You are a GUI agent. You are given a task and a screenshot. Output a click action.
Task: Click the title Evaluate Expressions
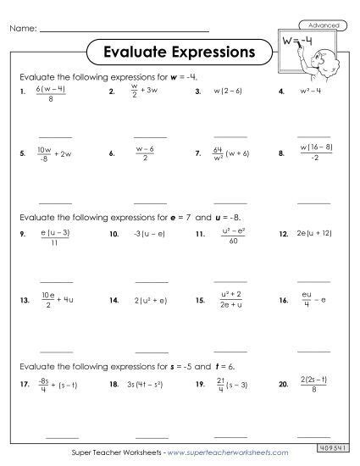pos(179,52)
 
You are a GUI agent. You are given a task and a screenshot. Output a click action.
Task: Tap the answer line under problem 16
pos(313,349)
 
